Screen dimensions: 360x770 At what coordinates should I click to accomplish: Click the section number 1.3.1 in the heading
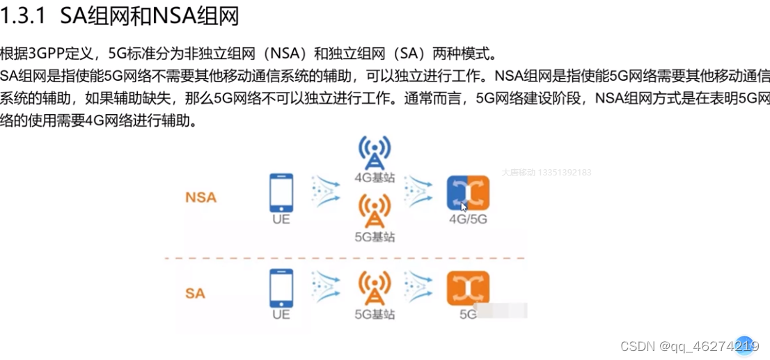point(24,16)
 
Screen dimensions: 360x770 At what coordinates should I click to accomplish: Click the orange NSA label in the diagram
point(201,197)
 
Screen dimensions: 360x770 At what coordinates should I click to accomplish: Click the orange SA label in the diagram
point(195,293)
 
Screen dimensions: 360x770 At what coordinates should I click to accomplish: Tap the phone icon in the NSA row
point(281,192)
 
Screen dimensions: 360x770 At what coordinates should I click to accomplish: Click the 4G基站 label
point(375,178)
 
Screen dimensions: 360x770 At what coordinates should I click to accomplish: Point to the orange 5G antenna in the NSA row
point(375,210)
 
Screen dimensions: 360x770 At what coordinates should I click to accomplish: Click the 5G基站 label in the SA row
point(375,314)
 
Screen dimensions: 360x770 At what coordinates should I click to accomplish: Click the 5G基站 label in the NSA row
point(375,237)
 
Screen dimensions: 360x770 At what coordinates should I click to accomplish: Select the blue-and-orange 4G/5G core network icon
point(468,193)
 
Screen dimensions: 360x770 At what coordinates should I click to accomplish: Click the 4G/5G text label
point(468,220)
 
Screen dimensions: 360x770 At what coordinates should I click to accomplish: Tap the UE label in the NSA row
point(281,220)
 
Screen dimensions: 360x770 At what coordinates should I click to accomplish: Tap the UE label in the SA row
point(281,314)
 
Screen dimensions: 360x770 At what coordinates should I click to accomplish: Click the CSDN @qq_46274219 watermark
point(689,346)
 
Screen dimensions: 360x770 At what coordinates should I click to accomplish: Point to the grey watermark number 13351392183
point(565,172)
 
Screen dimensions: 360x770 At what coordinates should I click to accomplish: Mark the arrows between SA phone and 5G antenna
point(326,288)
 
